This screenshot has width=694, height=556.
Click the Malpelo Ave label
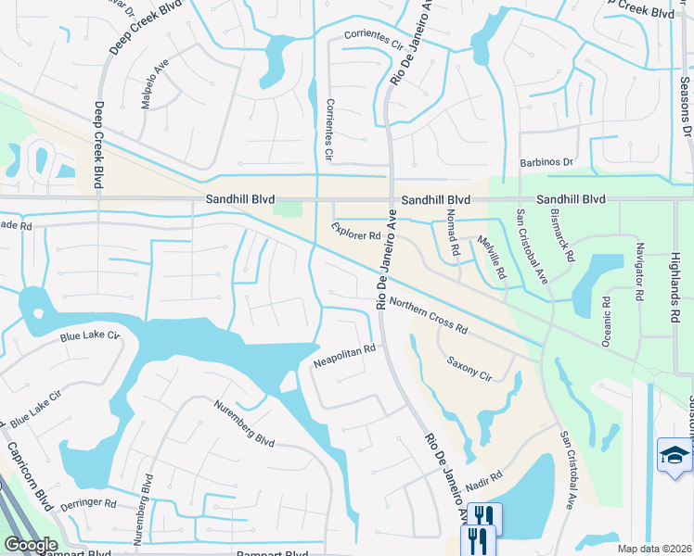coord(152,86)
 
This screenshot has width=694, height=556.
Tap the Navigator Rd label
coord(639,272)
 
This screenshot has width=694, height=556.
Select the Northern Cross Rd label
coord(428,316)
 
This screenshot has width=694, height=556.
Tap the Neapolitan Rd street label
coord(344,353)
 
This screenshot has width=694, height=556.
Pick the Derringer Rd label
coord(87,506)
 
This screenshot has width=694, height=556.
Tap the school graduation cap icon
coord(674,454)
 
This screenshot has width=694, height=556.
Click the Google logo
coord(30,545)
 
